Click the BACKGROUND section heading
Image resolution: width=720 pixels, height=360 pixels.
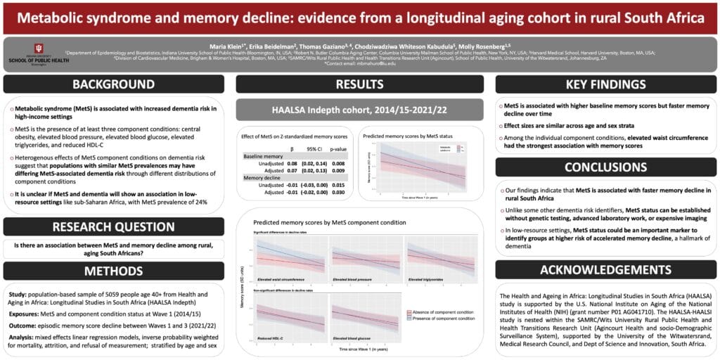[x=114, y=84]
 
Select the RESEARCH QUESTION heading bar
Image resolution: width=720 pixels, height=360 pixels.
[x=114, y=226]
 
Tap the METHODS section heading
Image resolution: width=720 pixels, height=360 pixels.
[x=114, y=271]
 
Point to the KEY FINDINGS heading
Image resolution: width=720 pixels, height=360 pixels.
[x=606, y=84]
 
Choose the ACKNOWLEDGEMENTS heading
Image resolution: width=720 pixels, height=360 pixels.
[x=606, y=270]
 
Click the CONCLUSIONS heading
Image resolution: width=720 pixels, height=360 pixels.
[x=606, y=167]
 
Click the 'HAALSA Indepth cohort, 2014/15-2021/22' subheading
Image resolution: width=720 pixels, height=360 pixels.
[x=360, y=110]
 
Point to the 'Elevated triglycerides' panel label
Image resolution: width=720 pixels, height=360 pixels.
[x=430, y=279]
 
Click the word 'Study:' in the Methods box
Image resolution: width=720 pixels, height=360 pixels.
[x=21, y=294]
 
